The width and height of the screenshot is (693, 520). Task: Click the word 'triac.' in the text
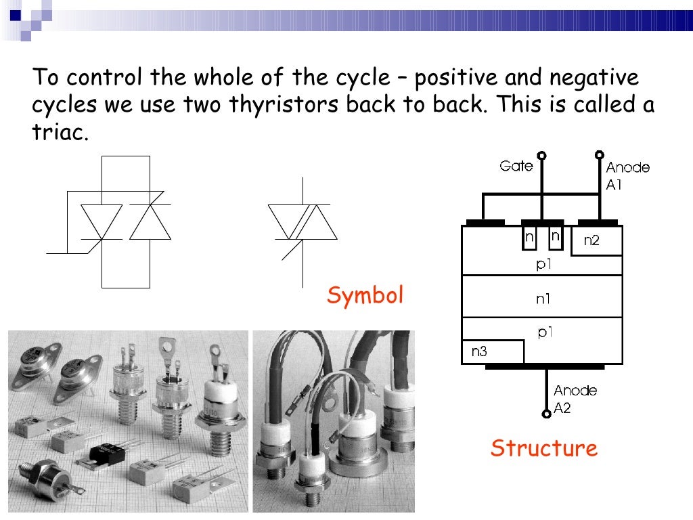click(x=60, y=132)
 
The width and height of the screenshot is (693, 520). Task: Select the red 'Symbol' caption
click(x=365, y=295)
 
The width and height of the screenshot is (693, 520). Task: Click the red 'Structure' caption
click(x=544, y=448)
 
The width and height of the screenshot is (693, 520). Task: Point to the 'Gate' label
click(x=516, y=166)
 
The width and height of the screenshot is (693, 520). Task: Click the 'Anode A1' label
click(x=627, y=175)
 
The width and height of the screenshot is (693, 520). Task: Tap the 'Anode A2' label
click(x=575, y=398)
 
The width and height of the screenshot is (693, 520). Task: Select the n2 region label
click(x=591, y=240)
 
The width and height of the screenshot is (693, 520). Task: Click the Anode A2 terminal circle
click(x=546, y=414)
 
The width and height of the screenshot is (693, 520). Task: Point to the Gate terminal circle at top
click(x=541, y=154)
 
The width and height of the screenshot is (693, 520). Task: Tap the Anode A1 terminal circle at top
click(x=598, y=154)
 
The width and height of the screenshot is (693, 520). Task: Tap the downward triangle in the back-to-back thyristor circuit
click(x=101, y=221)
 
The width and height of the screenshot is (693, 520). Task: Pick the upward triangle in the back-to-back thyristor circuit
click(x=150, y=221)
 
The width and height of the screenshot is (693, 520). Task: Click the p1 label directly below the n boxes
click(x=544, y=264)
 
